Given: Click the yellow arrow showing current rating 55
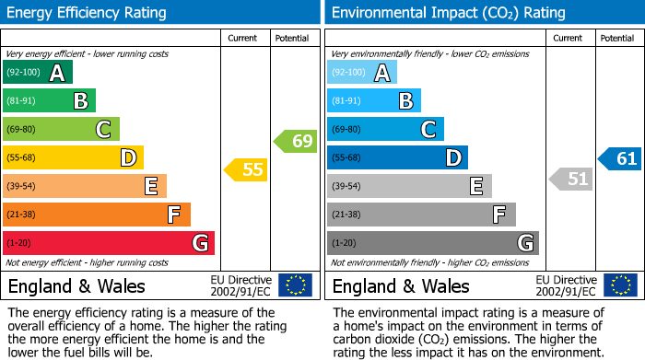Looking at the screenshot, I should click(x=245, y=169).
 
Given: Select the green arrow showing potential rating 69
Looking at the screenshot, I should click(x=295, y=141).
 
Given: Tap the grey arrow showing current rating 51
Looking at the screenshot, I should click(x=570, y=179).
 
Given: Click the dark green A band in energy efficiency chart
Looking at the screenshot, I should click(x=38, y=73).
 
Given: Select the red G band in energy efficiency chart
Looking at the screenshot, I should click(x=109, y=243).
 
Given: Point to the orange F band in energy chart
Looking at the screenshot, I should click(x=97, y=215).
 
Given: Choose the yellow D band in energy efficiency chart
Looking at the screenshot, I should click(x=73, y=158).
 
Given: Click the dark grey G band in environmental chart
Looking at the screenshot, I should click(x=432, y=243).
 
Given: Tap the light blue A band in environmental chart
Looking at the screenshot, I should click(x=362, y=73).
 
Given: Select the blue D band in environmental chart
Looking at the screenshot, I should click(x=397, y=158).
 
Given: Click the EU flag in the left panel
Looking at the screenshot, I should click(x=296, y=285).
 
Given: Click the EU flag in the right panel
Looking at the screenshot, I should click(x=620, y=285).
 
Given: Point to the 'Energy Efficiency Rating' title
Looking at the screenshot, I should click(x=87, y=13).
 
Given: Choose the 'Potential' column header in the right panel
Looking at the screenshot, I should click(x=617, y=38).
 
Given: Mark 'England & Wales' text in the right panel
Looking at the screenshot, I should click(x=401, y=286).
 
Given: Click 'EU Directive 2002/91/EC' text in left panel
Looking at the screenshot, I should click(x=241, y=285).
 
